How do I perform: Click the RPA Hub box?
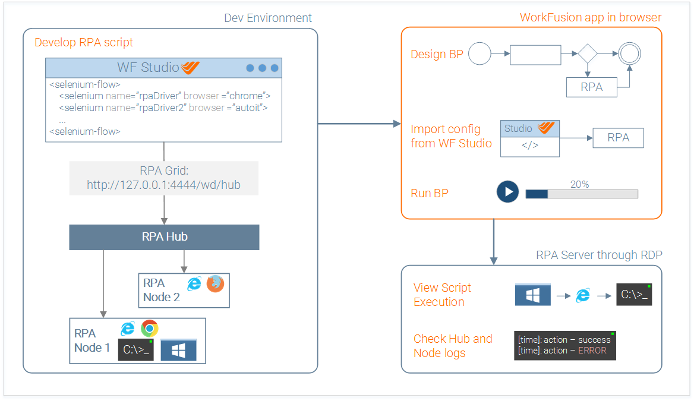164,237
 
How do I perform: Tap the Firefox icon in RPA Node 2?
215,284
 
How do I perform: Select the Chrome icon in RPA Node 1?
150,329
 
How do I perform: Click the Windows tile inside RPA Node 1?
178,350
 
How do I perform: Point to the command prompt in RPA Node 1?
136,350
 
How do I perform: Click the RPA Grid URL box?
164,178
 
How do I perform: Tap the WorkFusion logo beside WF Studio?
190,67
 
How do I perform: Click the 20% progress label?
579,184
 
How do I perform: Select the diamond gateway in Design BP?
587,53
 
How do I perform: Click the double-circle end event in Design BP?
629,53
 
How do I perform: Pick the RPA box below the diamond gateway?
592,87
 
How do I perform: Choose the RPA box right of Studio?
619,138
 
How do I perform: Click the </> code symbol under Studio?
530,145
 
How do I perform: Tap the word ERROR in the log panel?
592,351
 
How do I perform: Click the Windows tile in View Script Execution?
533,295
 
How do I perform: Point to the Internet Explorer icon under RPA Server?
583,295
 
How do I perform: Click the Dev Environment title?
268,18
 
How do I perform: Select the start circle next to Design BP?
480,53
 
